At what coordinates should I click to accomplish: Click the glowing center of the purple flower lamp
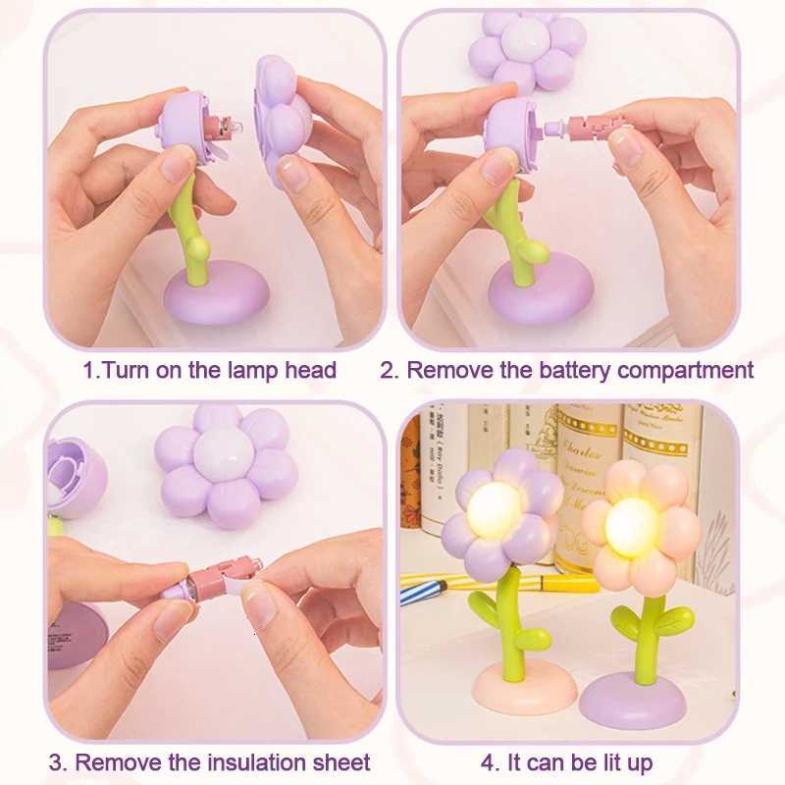495,509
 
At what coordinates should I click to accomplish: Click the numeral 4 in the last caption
488,762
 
